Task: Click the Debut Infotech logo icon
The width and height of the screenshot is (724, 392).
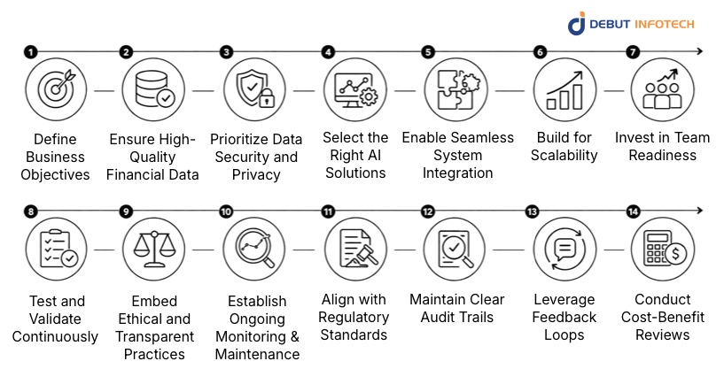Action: pos(576,24)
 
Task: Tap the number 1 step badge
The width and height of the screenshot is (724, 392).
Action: pos(31,51)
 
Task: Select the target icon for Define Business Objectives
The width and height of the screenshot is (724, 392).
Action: pos(56,91)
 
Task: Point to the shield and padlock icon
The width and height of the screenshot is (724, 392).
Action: pos(254,91)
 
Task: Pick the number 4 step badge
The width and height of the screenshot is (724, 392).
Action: pos(329,51)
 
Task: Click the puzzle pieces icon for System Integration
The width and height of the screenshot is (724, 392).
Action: pos(456,91)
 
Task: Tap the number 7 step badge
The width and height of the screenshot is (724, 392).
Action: pos(633,51)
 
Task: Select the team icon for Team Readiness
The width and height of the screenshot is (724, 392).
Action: pos(662,91)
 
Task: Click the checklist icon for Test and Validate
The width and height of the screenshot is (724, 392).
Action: pos(56,250)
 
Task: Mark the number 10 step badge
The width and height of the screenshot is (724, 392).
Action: pos(226,211)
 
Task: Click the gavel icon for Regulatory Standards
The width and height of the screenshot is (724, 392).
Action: pos(354,250)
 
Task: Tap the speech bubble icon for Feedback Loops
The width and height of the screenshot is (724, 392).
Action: pos(564,250)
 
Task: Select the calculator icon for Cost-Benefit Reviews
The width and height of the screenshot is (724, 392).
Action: pos(662,250)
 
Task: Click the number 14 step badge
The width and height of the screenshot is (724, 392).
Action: pos(633,211)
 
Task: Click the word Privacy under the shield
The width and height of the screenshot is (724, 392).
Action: pos(254,174)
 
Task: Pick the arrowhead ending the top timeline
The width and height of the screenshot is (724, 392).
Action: pos(699,51)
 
